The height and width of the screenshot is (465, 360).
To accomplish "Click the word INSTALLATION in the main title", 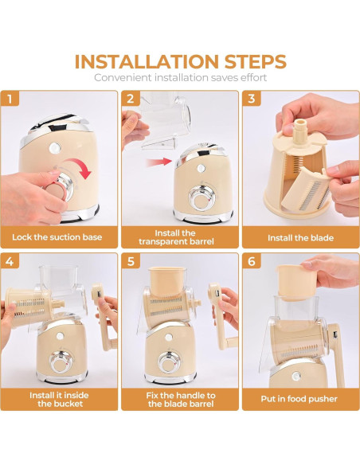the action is [x=147, y=61].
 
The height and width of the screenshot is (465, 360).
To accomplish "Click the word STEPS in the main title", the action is [x=255, y=61].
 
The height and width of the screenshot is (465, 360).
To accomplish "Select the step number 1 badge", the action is [x=10, y=99].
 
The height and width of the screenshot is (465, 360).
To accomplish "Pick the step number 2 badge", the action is [x=131, y=99].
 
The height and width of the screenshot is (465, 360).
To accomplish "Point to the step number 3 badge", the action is [x=252, y=99].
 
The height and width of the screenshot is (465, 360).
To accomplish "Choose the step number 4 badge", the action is [x=10, y=261].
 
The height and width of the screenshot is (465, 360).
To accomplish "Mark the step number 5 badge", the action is [x=131, y=261].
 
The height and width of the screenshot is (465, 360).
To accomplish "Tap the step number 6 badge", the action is [x=252, y=261].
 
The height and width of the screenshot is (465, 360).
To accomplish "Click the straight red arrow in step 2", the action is [x=159, y=162].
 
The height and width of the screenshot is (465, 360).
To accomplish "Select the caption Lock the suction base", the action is [x=57, y=237].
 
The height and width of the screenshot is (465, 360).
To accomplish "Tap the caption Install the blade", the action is [x=300, y=238].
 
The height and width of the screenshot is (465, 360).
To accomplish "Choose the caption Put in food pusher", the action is [x=299, y=399].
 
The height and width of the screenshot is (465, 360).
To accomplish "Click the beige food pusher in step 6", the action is [x=297, y=281].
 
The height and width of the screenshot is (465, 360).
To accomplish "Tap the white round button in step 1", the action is [x=55, y=148].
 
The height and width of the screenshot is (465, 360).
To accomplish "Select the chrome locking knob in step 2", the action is [x=202, y=197].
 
